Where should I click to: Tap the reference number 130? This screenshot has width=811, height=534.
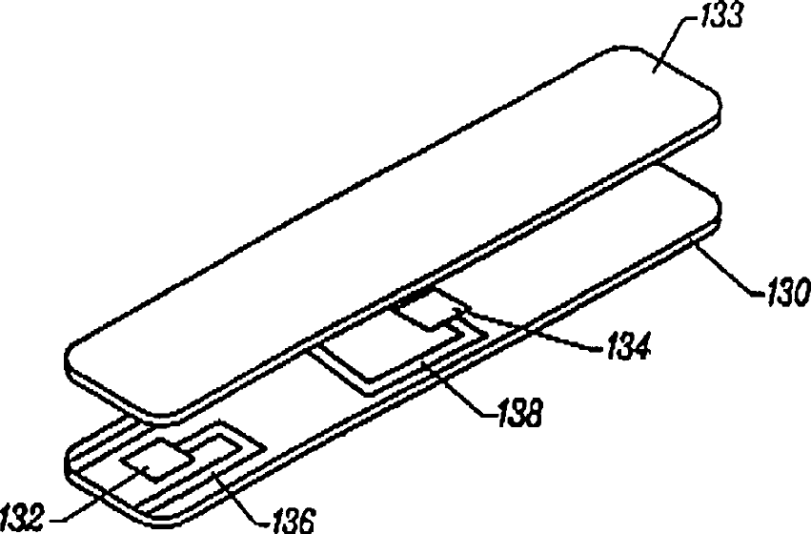coord(782,288)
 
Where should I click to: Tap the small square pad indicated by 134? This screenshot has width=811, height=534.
coord(426,310)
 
